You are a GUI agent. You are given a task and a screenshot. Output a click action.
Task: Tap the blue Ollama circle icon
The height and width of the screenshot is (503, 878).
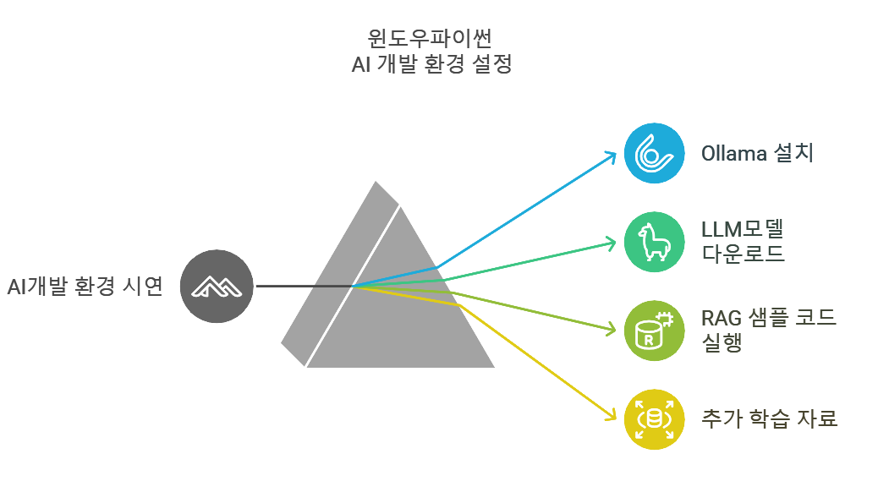pyautogui.click(x=654, y=153)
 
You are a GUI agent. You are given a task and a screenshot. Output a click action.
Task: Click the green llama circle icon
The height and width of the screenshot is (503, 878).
pyautogui.click(x=654, y=241)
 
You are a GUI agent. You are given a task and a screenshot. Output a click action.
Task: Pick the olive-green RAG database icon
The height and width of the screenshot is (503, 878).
pyautogui.click(x=654, y=330)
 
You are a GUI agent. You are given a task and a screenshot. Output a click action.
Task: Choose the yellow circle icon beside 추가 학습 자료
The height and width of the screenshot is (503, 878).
pyautogui.click(x=654, y=418)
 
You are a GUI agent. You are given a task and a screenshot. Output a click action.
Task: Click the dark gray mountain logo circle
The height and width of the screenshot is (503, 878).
pyautogui.click(x=217, y=287)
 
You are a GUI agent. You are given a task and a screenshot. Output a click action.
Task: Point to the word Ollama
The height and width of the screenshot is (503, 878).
pyautogui.click(x=734, y=154)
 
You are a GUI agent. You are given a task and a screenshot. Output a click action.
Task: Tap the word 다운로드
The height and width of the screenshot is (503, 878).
pyautogui.click(x=744, y=253)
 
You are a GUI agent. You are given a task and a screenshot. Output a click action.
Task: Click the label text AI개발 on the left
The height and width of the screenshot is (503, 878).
pyautogui.click(x=41, y=287)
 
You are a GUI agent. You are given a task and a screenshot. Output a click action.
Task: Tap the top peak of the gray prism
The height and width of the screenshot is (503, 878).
pyautogui.click(x=375, y=183)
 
